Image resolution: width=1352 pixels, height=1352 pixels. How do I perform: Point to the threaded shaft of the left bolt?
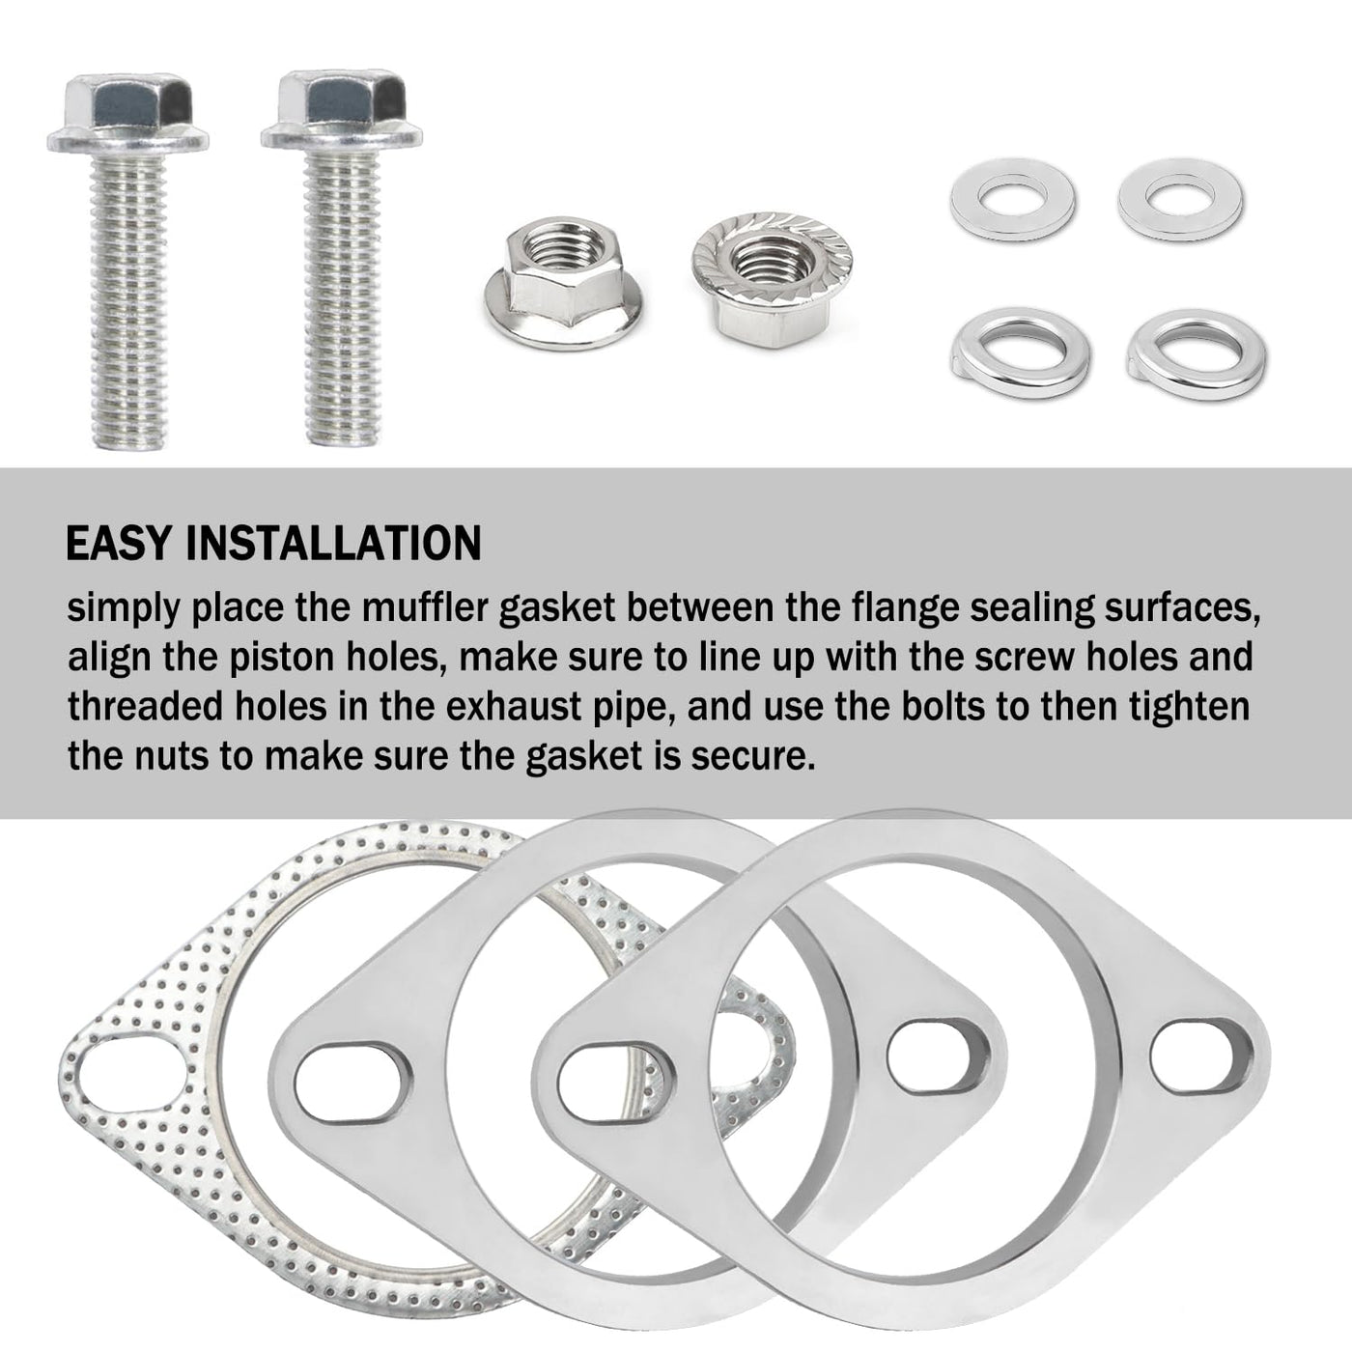pos(129,301)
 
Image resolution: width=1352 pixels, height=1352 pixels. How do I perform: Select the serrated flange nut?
pos(773,279)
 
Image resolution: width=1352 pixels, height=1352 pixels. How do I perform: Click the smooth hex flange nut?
pos(563,282)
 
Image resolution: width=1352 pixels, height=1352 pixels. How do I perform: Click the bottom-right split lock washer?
pos(1197,353)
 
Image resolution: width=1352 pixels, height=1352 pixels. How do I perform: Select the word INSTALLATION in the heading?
pos(333,543)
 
